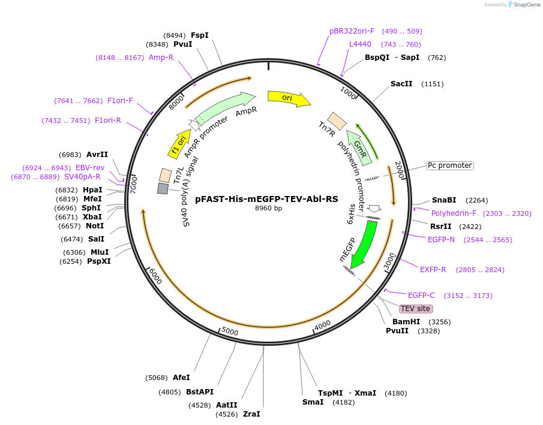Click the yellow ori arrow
pyautogui.click(x=289, y=98)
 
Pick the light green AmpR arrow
pyautogui.click(x=225, y=107)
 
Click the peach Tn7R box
pyautogui.click(x=337, y=121)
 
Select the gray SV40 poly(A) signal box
pyautogui.click(x=163, y=189)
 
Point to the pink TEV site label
pyautogui.click(x=416, y=309)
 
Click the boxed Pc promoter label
pyautogui.click(x=450, y=166)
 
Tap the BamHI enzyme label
pyautogui.click(x=406, y=322)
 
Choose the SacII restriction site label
pyautogui.click(x=401, y=84)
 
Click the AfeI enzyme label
pyautogui.click(x=181, y=378)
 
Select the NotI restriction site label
pyautogui.click(x=95, y=226)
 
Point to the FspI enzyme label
pyautogui.click(x=200, y=35)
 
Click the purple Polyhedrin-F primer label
pyautogui.click(x=454, y=213)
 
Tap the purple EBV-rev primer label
pyautogui.click(x=90, y=168)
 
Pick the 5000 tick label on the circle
pyautogui.click(x=230, y=331)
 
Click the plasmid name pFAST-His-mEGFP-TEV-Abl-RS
pyautogui.click(x=266, y=199)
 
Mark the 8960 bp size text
pyautogui.click(x=268, y=209)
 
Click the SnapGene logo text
pyautogui.click(x=527, y=5)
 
